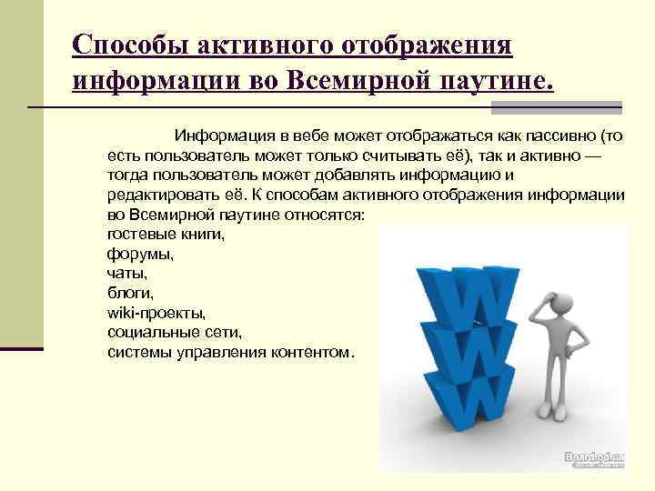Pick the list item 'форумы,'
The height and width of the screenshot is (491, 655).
tap(140, 253)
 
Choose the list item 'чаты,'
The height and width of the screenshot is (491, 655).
tap(126, 273)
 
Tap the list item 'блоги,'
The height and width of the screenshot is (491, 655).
tap(130, 293)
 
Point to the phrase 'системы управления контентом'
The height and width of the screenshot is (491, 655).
tap(227, 351)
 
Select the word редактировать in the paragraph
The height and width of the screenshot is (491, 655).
tap(163, 195)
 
